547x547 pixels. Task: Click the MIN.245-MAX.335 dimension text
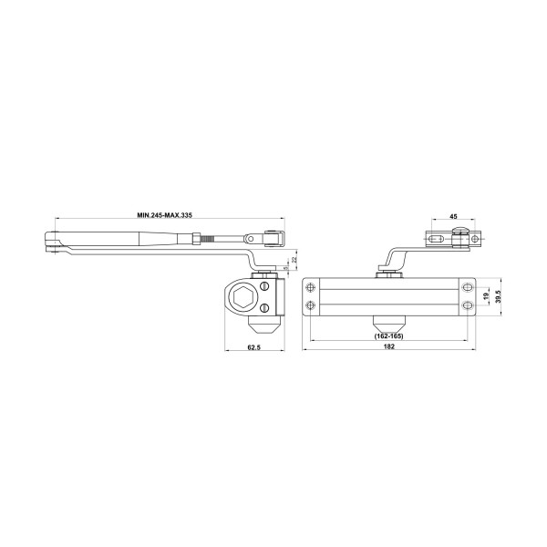165,215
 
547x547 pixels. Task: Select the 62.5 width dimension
254,346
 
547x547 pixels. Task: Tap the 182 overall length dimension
389,346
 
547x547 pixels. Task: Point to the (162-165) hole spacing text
388,336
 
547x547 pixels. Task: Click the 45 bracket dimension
453,217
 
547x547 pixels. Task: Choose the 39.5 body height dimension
499,296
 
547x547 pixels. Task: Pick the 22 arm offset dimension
294,260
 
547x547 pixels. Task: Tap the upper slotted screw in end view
264,286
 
